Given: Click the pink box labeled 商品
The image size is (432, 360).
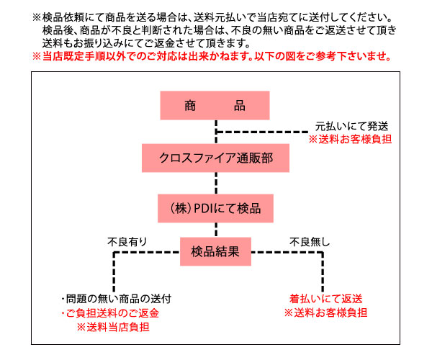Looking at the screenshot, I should tap(215, 105).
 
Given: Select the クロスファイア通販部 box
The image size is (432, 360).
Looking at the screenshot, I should tap(215, 157).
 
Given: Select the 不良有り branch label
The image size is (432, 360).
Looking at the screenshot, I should tap(127, 241).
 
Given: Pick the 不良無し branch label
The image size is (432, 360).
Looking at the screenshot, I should tap(305, 241).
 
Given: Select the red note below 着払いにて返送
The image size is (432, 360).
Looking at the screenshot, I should tap(325, 312).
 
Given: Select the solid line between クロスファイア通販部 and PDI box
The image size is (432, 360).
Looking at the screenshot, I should tap(215, 183).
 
